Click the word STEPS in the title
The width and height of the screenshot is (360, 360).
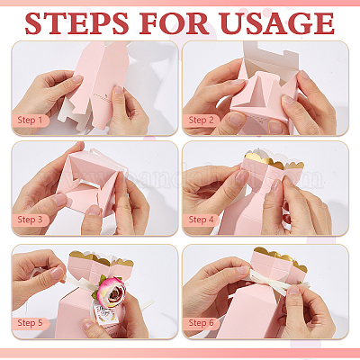(76, 23)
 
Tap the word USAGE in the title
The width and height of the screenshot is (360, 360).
(276, 23)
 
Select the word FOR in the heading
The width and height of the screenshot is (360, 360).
(174, 23)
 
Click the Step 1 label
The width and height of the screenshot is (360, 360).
(30, 120)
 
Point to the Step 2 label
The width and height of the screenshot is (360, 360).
(201, 120)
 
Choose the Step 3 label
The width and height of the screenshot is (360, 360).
(30, 220)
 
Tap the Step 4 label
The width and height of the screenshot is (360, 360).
(201, 220)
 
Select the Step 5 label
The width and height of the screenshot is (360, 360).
(30, 323)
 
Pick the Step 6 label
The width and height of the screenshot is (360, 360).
(201, 323)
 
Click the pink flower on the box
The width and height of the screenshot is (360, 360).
(111, 292)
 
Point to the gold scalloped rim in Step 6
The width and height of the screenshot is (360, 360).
(281, 258)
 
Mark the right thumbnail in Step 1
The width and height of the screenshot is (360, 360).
(119, 90)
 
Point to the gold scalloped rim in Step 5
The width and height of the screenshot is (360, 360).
(102, 258)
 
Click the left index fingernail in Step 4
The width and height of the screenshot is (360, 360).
(242, 176)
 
